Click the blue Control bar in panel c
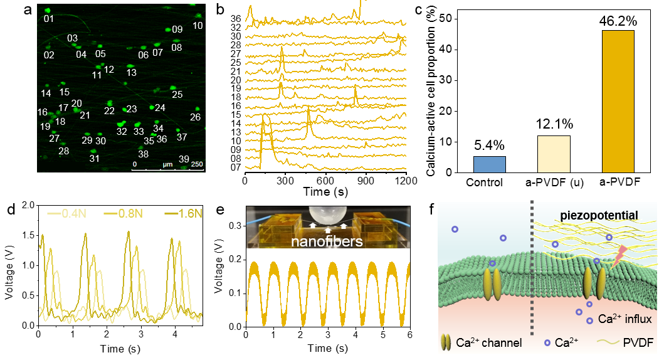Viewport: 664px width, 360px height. [x=489, y=164]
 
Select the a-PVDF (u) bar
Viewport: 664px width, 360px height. [x=553, y=154]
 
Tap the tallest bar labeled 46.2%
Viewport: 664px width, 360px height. [x=618, y=100]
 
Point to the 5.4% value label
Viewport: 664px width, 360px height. [x=489, y=146]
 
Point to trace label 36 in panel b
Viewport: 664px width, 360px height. [x=236, y=18]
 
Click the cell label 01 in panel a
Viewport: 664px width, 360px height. [x=49, y=19]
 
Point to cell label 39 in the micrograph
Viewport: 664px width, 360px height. [x=184, y=158]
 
